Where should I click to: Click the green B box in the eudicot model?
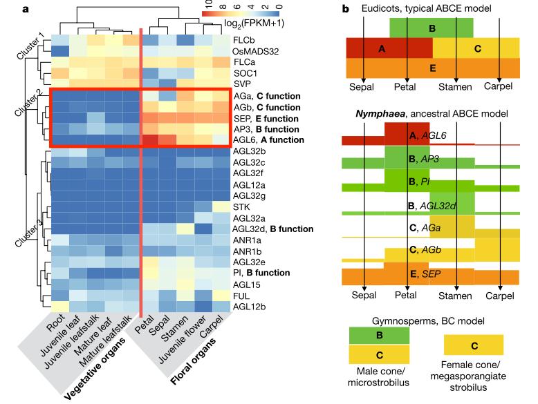[432, 28]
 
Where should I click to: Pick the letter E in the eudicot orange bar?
[432, 68]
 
